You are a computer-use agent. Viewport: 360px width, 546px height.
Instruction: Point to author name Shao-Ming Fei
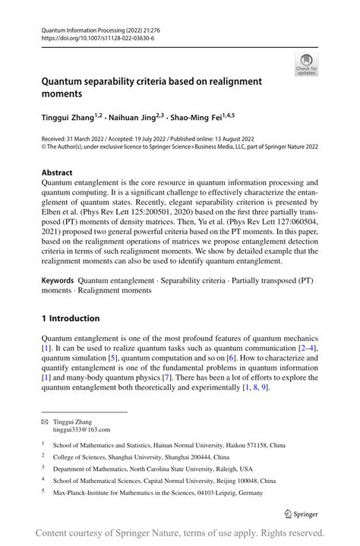pos(194,118)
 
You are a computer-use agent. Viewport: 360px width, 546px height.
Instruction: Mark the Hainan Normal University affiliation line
pos(186,447)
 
